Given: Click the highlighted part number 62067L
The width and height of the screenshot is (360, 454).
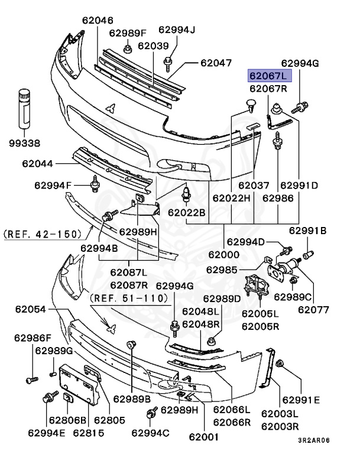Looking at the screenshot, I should click(x=268, y=76).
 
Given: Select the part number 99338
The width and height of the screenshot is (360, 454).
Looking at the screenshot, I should click(x=24, y=143).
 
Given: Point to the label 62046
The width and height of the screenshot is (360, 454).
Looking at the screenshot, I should click(x=98, y=20).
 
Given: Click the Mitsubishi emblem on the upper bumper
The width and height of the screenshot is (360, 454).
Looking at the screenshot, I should click(x=110, y=108).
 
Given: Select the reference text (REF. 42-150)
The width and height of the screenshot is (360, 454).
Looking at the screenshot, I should click(x=43, y=234).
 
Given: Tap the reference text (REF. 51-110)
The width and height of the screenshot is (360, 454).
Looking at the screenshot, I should click(x=129, y=299).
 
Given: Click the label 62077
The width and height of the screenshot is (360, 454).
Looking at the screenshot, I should click(x=313, y=309).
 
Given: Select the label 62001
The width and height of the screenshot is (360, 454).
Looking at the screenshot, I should click(x=205, y=438).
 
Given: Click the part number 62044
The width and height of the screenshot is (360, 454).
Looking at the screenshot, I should click(x=38, y=163).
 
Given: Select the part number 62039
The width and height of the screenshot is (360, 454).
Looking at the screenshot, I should click(x=153, y=46).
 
